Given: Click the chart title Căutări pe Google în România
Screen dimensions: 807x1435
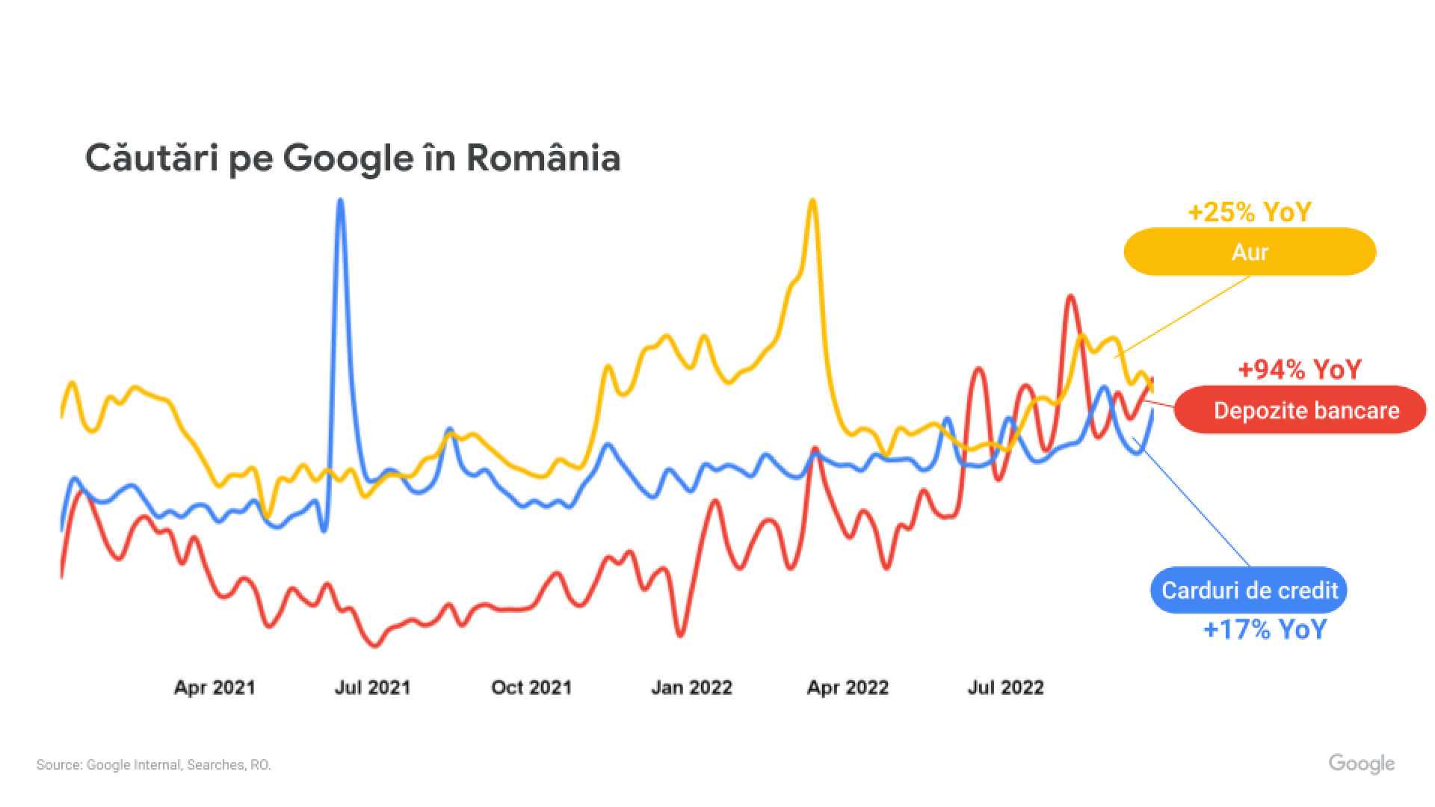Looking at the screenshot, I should click(352, 158).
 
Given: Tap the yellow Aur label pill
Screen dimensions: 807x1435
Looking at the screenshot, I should click(1250, 252).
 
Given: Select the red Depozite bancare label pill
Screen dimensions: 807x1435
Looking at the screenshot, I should click(1300, 409).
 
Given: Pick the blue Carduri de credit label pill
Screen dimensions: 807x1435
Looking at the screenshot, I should click(1249, 590).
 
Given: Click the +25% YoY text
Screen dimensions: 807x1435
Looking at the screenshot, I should click(1250, 212).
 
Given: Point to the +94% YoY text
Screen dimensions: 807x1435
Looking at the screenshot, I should click(1300, 369).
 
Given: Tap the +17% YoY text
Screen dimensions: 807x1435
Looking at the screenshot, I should click(1265, 629).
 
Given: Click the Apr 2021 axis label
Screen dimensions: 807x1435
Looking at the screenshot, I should click(215, 687).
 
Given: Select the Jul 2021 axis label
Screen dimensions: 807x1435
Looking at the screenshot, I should click(372, 687).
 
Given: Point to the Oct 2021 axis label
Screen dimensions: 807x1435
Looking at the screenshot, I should click(531, 687).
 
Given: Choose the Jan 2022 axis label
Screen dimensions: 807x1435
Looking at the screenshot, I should click(691, 687).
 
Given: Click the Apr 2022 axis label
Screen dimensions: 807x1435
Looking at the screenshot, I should click(848, 687).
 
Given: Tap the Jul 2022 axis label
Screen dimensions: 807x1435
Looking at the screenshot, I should click(1005, 687).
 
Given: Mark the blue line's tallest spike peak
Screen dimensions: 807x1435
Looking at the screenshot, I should click(341, 200).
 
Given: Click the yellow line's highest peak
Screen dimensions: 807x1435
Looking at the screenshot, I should click(812, 200).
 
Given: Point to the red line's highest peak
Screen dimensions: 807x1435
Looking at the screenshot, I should click(1070, 297).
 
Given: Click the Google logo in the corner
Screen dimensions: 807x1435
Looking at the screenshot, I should click(1361, 764).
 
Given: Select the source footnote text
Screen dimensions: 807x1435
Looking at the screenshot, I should click(154, 765).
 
